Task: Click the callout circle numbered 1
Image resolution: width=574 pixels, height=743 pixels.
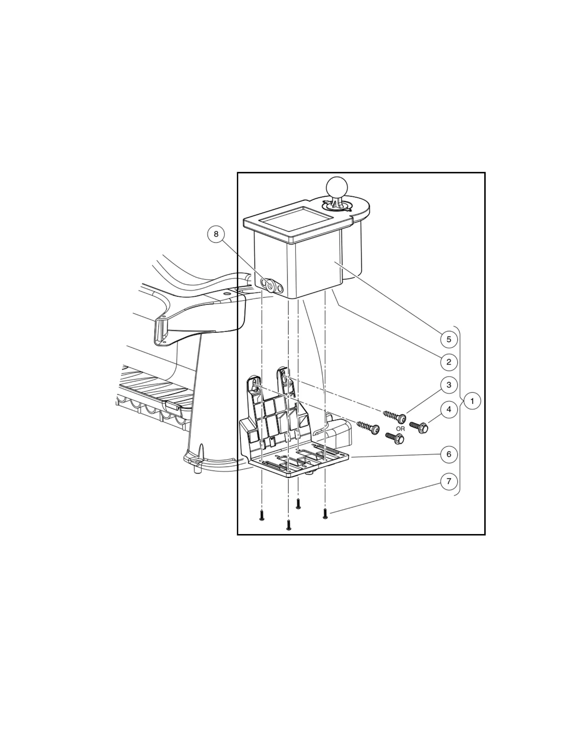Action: click(x=472, y=401)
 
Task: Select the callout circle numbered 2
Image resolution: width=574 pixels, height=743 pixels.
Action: click(x=449, y=362)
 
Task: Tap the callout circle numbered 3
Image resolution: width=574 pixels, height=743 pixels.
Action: click(x=449, y=385)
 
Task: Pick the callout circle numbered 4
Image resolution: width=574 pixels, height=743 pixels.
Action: click(x=449, y=409)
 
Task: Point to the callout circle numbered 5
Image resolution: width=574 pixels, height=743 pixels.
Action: click(x=449, y=339)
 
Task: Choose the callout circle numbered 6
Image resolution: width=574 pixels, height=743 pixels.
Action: click(x=449, y=454)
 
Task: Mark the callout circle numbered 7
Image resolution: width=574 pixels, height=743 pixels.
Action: click(x=449, y=481)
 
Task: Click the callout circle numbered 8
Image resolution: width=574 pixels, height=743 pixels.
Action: click(x=216, y=234)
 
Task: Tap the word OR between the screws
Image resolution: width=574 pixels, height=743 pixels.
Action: click(x=400, y=429)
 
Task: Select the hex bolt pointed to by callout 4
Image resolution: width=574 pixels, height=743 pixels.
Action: click(x=419, y=427)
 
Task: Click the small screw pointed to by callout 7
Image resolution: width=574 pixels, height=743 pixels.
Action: click(x=325, y=514)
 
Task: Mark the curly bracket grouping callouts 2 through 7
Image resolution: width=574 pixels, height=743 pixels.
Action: click(x=459, y=410)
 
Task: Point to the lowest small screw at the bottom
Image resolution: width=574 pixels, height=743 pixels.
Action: click(x=289, y=525)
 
